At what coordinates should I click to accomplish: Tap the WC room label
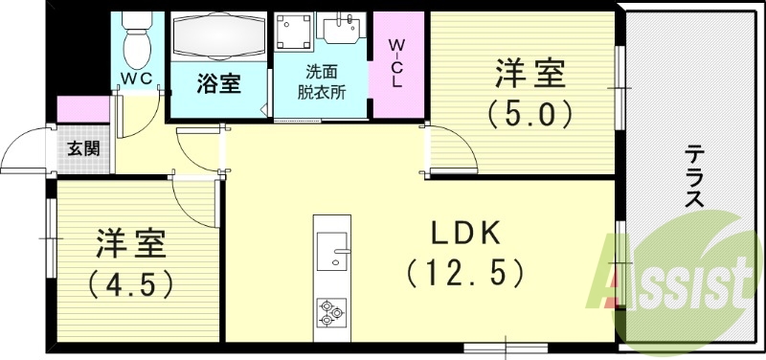click(x=138, y=79)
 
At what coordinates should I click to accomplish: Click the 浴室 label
click(x=218, y=84)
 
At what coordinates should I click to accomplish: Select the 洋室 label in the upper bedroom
click(x=529, y=75)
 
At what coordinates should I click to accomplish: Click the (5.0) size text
click(x=529, y=115)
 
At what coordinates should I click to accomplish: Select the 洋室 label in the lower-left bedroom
click(x=131, y=244)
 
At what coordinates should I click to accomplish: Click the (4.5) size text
click(x=131, y=284)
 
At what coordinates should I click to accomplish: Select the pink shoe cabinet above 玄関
click(x=84, y=109)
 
